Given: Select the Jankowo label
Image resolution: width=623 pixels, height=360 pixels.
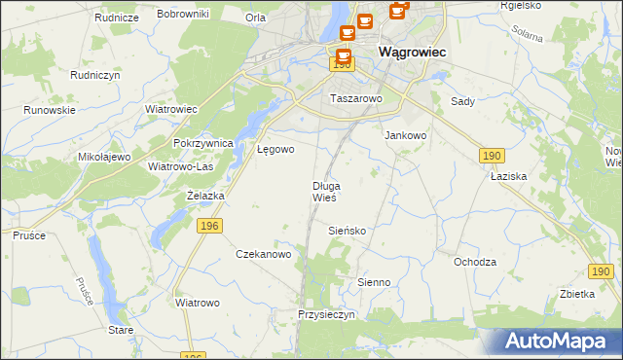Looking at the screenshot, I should coord(406,136).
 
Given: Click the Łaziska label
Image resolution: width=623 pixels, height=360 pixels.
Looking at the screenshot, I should coord(508,177).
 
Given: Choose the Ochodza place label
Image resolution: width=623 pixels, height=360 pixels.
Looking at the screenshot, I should coord(475,262).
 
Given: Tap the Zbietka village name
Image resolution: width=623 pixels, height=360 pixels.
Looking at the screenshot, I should coord(577,293).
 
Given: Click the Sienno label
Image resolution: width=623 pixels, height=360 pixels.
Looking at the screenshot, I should coord(373,282).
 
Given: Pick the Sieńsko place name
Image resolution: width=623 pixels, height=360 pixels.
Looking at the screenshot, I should coord(346,231).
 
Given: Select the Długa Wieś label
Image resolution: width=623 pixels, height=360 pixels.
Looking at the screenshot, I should coord(325,191).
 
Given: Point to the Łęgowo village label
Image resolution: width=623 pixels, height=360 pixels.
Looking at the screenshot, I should coord(275,149).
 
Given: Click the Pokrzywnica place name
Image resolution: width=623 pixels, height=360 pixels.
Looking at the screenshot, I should coord(203,143).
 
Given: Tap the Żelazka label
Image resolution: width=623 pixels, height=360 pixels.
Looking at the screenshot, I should coord(205,196).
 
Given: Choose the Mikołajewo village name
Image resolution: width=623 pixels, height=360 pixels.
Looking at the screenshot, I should coord(104,157).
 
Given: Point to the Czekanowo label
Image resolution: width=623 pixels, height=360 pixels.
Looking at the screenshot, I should coord(264,254).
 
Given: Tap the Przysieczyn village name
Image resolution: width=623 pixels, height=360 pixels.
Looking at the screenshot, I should coord(328,315).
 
